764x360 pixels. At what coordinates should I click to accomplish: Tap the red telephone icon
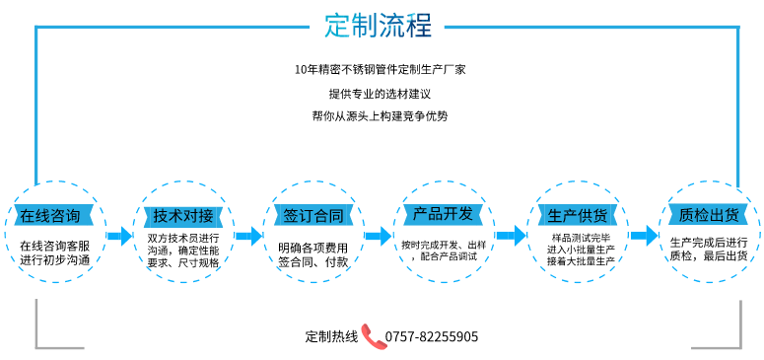pos(372,335)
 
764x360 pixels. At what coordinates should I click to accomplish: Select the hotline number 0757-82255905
pos(432,336)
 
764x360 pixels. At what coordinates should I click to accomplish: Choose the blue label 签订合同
pos(313,215)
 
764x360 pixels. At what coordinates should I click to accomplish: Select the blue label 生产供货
pos(577,215)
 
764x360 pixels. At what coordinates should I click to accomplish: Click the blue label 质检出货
pos(709,215)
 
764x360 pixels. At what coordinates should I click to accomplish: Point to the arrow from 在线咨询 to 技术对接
pos(119,236)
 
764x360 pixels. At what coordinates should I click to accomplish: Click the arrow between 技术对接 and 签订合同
pos(249,236)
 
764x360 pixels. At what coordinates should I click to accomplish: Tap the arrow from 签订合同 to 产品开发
pos(379,236)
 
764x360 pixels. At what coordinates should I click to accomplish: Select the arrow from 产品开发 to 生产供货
pos(511,236)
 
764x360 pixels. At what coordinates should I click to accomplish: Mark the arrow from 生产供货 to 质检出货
pos(644,236)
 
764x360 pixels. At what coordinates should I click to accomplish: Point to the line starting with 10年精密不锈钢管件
pos(380,70)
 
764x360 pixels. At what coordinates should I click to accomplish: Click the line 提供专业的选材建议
pos(380,93)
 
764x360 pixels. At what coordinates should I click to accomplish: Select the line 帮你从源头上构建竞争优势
pos(380,115)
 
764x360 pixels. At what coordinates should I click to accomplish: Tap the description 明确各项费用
pos(313,247)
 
